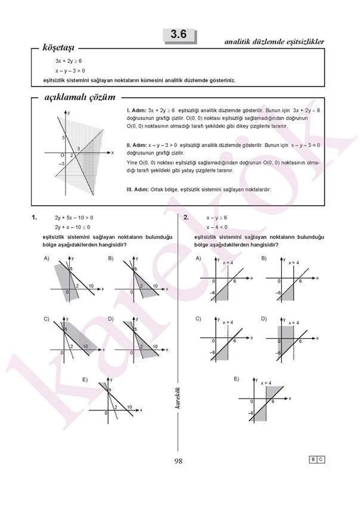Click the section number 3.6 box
pyautogui.click(x=179, y=36)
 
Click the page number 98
pyautogui.click(x=179, y=460)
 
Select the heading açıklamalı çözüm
pyautogui.click(x=80, y=97)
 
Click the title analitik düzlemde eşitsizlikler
pyautogui.click(x=274, y=42)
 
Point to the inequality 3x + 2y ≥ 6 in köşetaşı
pyautogui.click(x=69, y=61)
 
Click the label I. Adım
pyautogui.click(x=136, y=110)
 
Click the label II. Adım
pyautogui.click(x=137, y=145)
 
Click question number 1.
pyautogui.click(x=35, y=218)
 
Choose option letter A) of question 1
pyautogui.click(x=46, y=258)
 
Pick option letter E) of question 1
pyautogui.click(x=85, y=379)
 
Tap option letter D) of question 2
pyautogui.click(x=263, y=319)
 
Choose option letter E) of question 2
pyautogui.click(x=236, y=379)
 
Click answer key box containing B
pyautogui.click(x=312, y=459)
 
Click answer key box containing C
pyautogui.click(x=321, y=459)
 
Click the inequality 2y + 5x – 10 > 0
pyautogui.click(x=73, y=218)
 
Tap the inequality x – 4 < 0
pyautogui.click(x=217, y=227)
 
